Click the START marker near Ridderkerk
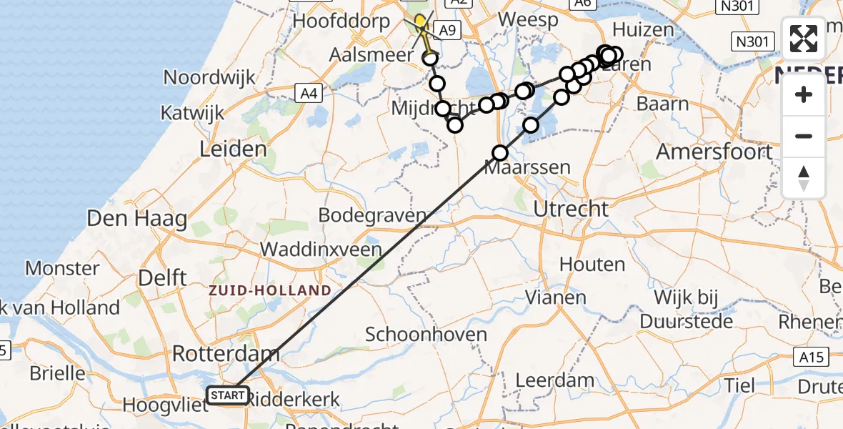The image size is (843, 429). tap(227, 395)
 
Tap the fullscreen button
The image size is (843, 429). tap(804, 39)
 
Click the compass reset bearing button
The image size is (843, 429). tap(804, 178)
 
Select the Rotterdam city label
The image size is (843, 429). tap(226, 353)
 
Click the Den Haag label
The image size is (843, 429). tap(137, 218)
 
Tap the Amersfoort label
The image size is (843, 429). tap(714, 152)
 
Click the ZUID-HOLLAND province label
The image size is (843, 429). tap(270, 291)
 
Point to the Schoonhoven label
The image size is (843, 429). tap(427, 334)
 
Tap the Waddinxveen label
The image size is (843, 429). tap(321, 250)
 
